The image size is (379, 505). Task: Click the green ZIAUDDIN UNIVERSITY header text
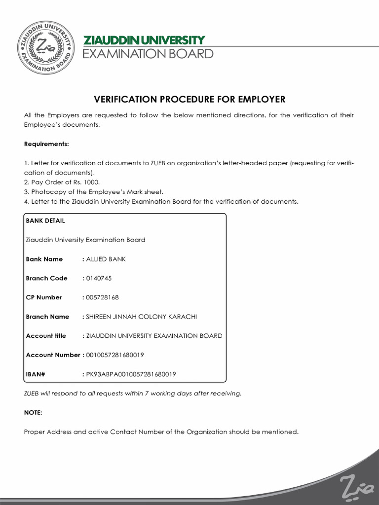pyautogui.click(x=144, y=40)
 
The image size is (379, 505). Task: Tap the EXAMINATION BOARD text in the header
pyautogui.click(x=148, y=54)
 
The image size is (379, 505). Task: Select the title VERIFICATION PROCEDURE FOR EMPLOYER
pyautogui.click(x=189, y=99)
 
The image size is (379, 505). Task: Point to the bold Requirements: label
pyautogui.click(x=47, y=144)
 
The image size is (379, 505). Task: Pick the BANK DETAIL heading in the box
pyautogui.click(x=45, y=220)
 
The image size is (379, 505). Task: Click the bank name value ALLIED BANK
pyautogui.click(x=106, y=259)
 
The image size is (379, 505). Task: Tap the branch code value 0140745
pyautogui.click(x=99, y=278)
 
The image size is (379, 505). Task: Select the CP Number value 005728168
pyautogui.click(x=102, y=297)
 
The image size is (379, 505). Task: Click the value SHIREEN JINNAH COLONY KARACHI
pyautogui.click(x=141, y=317)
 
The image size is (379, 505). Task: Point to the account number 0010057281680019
pyautogui.click(x=114, y=355)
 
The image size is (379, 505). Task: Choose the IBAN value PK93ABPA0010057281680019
pyautogui.click(x=131, y=374)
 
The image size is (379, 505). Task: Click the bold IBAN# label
pyautogui.click(x=36, y=374)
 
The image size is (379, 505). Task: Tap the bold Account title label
pyautogui.click(x=46, y=336)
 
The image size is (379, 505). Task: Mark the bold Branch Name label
pyautogui.click(x=47, y=317)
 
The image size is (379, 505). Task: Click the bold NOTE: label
pyautogui.click(x=34, y=412)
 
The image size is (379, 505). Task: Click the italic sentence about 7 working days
pyautogui.click(x=133, y=393)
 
